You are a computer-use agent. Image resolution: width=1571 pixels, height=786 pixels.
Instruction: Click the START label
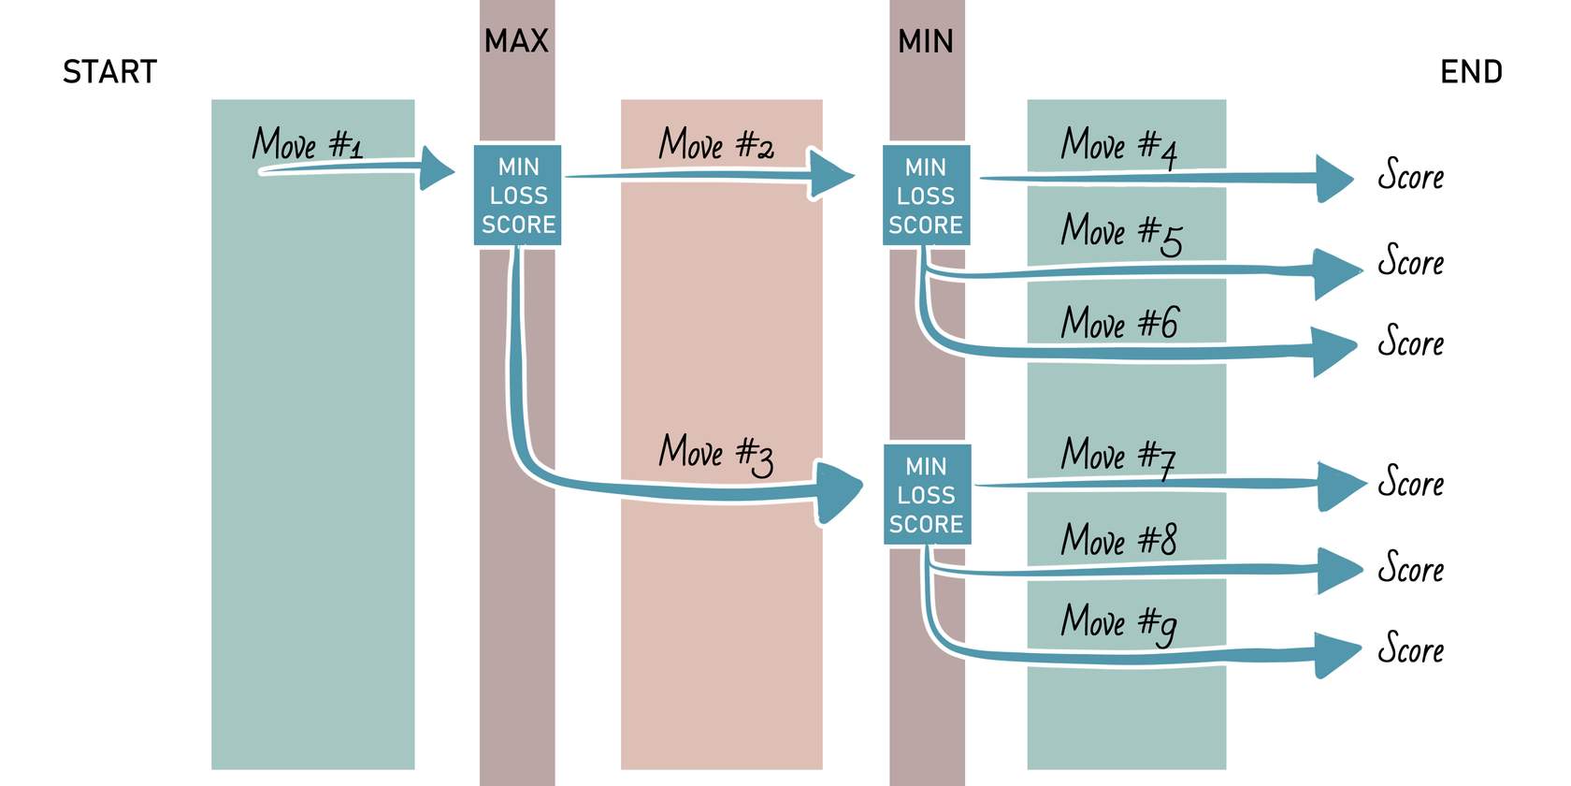pyautogui.click(x=109, y=72)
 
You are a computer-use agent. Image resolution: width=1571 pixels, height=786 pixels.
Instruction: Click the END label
pyautogui.click(x=1471, y=72)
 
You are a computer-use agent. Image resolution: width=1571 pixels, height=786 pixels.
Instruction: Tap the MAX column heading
pyautogui.click(x=516, y=41)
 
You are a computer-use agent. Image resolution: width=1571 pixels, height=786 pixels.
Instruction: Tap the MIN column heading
pyautogui.click(x=926, y=41)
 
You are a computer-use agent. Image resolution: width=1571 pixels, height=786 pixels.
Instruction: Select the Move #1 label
pyautogui.click(x=307, y=144)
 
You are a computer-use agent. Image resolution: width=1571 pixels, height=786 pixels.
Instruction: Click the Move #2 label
pyautogui.click(x=716, y=144)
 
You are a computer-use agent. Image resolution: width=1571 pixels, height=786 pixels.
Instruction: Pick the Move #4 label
pyautogui.click(x=1118, y=146)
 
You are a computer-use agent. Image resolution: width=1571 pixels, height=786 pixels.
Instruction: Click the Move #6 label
pyautogui.click(x=1119, y=323)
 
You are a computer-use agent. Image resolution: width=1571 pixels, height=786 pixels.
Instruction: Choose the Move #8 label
pyautogui.click(x=1118, y=540)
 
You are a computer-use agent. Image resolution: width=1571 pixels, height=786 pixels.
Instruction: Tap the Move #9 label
pyautogui.click(x=1118, y=622)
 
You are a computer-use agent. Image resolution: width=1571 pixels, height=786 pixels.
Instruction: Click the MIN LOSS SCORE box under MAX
pyautogui.click(x=517, y=196)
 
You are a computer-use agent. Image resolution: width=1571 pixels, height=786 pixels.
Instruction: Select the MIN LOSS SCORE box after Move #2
pyautogui.click(x=926, y=196)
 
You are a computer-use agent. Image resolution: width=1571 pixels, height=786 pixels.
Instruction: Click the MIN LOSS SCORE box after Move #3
pyautogui.click(x=927, y=495)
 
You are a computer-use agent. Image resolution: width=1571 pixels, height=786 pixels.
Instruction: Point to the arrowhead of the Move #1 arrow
pyautogui.click(x=436, y=168)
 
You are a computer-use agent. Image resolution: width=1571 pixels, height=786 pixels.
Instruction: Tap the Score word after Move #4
pyautogui.click(x=1410, y=176)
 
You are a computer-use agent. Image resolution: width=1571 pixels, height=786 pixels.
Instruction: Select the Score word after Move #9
pyautogui.click(x=1410, y=648)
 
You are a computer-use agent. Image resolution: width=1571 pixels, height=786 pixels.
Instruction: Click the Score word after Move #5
pyautogui.click(x=1410, y=261)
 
